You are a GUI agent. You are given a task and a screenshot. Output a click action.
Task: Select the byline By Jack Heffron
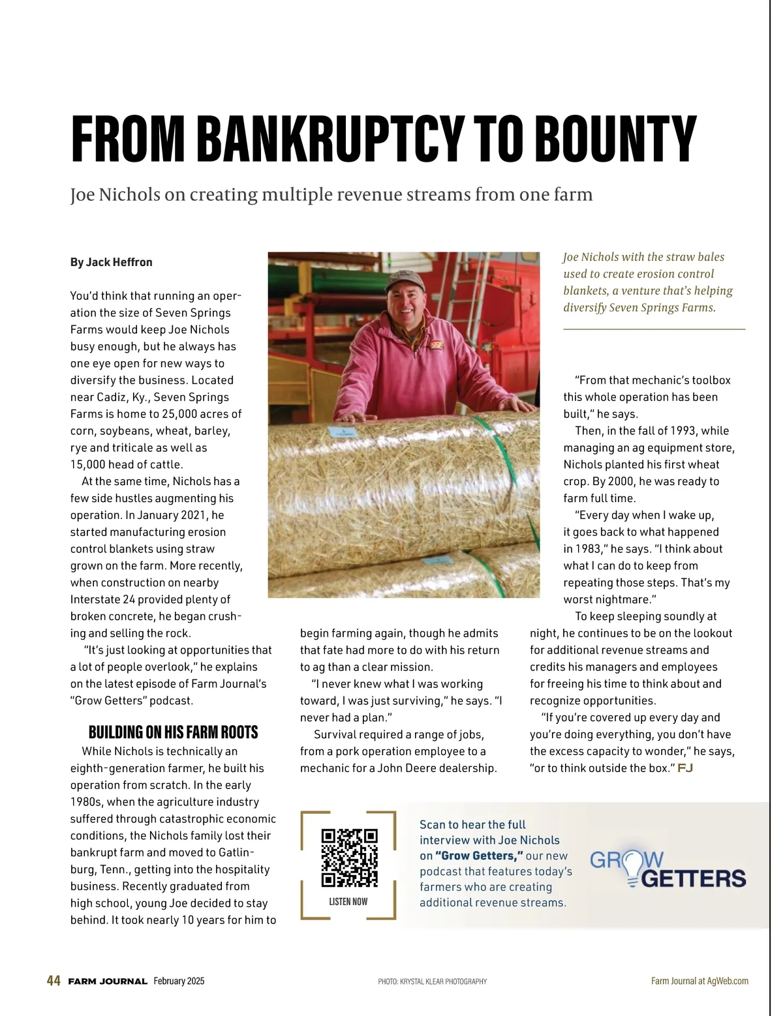[112, 262]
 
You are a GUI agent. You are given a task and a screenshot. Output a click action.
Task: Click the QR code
[349, 857]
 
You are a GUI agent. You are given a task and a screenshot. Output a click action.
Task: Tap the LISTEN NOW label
[348, 901]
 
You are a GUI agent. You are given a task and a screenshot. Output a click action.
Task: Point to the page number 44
[54, 981]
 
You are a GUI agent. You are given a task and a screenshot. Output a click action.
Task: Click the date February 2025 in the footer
[179, 981]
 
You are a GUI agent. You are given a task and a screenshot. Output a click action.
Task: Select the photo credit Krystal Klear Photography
[432, 981]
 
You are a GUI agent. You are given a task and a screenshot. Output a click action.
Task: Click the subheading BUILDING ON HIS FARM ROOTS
[173, 732]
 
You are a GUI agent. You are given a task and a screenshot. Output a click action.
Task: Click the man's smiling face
[406, 304]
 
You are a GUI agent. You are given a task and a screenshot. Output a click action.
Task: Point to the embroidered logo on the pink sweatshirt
[437, 346]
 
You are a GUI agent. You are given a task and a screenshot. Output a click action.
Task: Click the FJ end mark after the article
[685, 768]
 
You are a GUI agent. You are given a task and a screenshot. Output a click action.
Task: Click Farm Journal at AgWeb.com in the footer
[699, 981]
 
